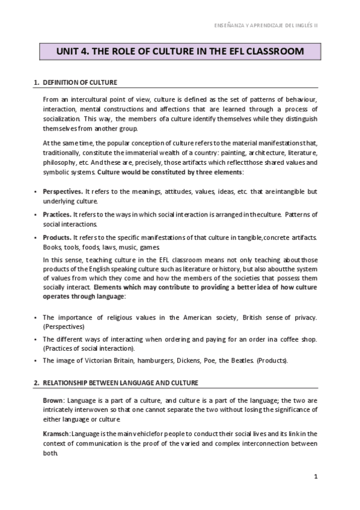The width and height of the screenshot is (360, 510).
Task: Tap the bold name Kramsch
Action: click(56, 434)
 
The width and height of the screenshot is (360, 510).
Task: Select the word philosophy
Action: click(59, 162)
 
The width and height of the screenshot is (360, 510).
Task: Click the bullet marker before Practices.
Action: click(36, 215)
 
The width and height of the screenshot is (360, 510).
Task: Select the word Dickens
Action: click(194, 361)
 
